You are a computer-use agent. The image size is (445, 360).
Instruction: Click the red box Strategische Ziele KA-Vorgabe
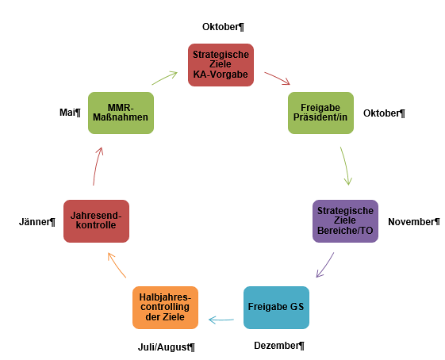point(221,65)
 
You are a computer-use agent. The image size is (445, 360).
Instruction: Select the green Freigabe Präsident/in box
point(320,113)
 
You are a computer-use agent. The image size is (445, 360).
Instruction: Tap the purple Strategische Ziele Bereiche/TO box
point(345,221)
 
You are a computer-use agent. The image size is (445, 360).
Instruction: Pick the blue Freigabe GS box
point(276,308)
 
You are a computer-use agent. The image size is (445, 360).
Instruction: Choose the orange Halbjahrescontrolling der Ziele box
point(165,308)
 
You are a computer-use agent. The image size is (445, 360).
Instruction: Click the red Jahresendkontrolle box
point(96,221)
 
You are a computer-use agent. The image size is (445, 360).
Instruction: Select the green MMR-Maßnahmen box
point(121,113)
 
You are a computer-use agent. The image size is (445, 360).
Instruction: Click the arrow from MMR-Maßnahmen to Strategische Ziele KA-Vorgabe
point(165,78)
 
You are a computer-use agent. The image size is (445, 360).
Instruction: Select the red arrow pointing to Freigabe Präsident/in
point(278,78)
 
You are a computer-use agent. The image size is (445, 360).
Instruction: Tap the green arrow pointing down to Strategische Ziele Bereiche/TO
point(346,166)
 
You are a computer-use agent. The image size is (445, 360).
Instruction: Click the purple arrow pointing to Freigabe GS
point(326,266)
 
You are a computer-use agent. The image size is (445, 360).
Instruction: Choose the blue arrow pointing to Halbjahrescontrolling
point(221,320)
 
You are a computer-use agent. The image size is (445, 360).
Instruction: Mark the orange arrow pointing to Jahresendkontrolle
point(116,265)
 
